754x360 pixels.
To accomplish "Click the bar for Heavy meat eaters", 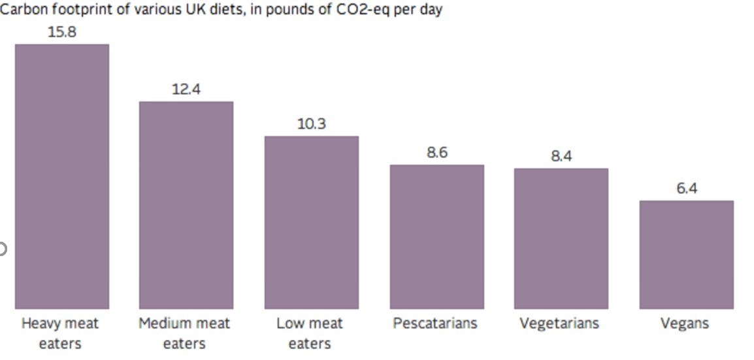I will click(x=62, y=176).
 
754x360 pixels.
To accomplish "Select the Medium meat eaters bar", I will click(x=186, y=205).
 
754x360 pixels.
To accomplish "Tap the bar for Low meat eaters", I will click(x=311, y=222).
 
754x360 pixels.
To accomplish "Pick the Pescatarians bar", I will click(x=436, y=237).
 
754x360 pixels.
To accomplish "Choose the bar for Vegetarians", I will click(x=561, y=238).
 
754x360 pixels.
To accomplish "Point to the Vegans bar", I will click(x=686, y=255).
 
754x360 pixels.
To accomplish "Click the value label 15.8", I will click(x=62, y=31).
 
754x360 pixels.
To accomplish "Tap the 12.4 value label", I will click(x=186, y=89).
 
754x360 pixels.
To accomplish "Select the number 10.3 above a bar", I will click(x=311, y=123).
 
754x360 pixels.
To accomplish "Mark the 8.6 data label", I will click(x=436, y=152).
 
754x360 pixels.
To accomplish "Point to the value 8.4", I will click(x=561, y=156).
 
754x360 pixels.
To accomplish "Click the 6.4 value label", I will click(x=686, y=188).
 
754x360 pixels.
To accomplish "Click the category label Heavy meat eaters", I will click(x=60, y=333).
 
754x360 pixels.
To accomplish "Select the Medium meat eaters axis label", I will click(x=184, y=333).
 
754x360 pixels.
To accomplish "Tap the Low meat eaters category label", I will click(x=310, y=333).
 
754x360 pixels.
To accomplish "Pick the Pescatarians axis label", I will click(x=435, y=323).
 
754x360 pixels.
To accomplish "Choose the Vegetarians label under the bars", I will click(x=559, y=323).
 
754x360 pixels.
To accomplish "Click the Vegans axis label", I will click(x=684, y=323).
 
